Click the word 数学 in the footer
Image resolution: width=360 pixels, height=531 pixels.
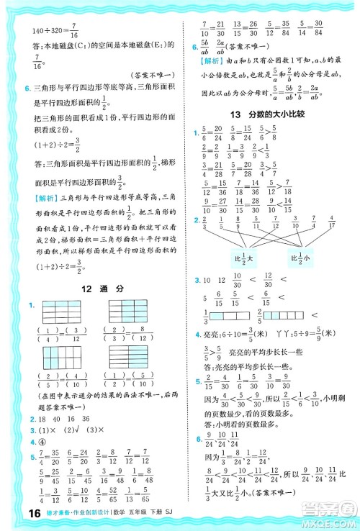pos(114,514)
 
